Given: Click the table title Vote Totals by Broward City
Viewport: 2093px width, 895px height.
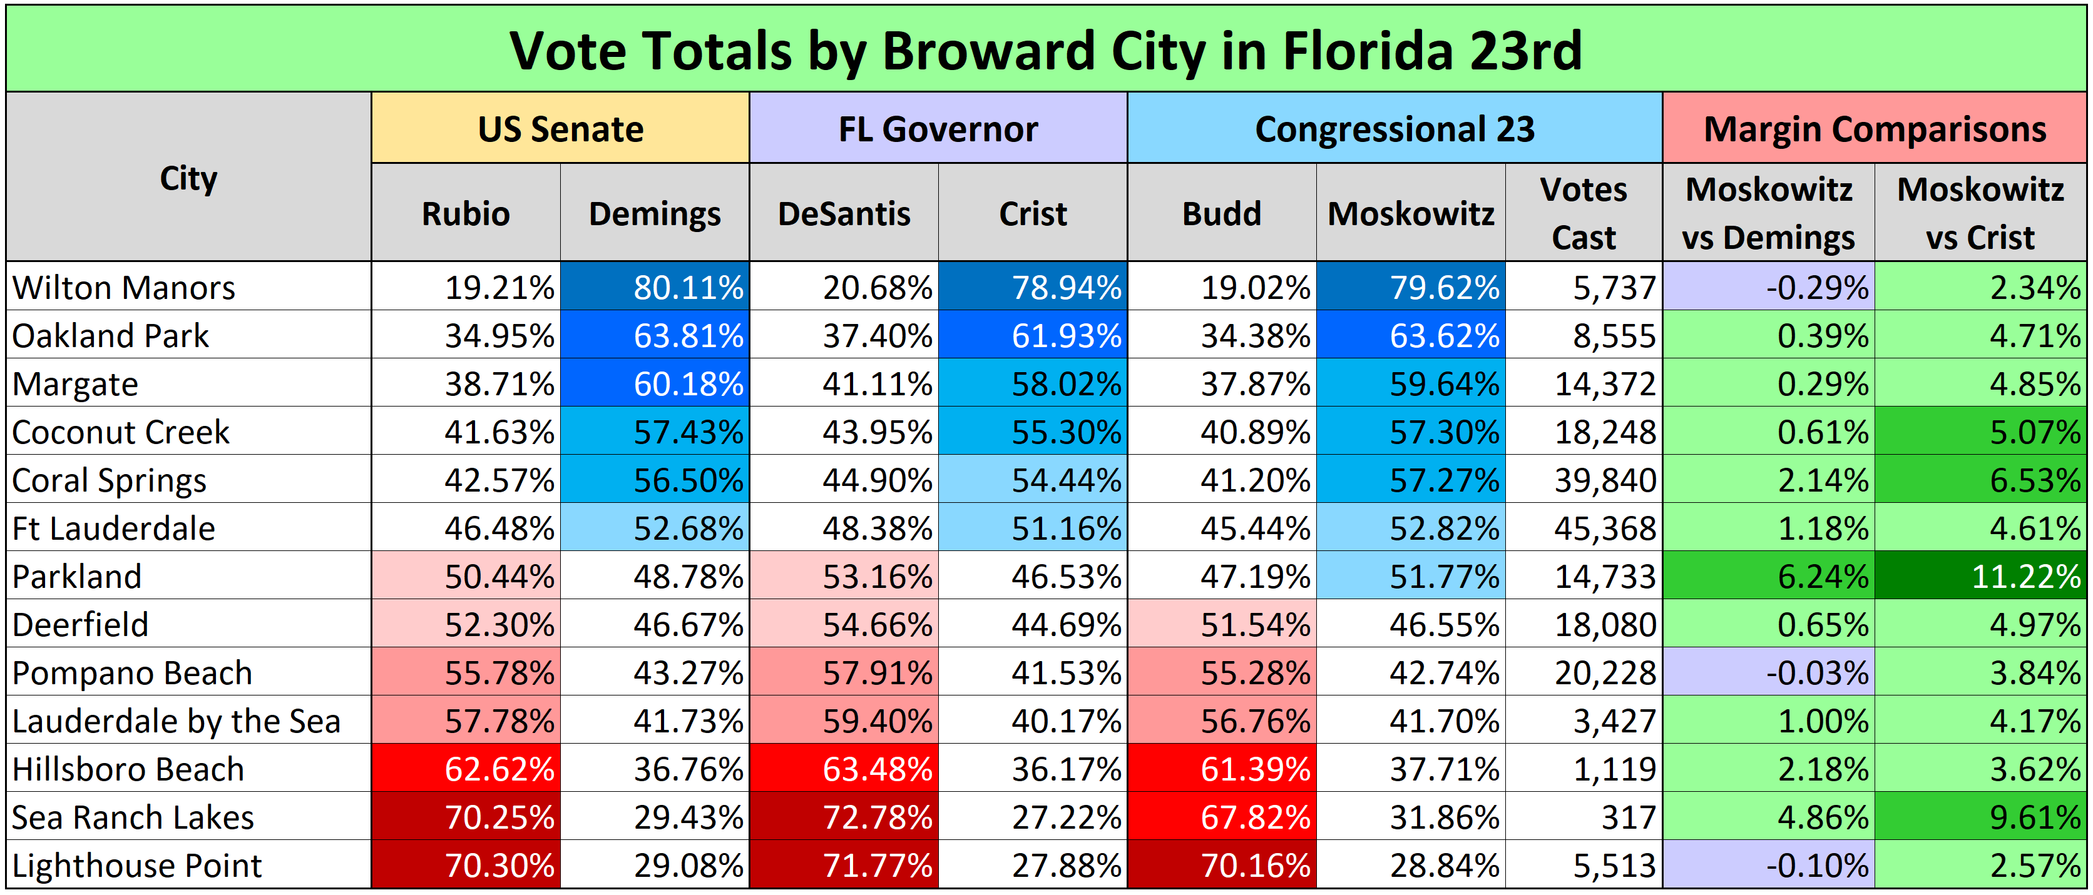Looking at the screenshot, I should tap(1046, 51).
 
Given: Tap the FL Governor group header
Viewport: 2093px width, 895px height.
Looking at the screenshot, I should tap(938, 129).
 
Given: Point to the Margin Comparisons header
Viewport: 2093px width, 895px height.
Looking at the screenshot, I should tap(1874, 129).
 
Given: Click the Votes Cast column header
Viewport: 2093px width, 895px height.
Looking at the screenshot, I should tap(1583, 213).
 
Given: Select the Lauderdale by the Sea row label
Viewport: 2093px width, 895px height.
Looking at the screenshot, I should tap(177, 721).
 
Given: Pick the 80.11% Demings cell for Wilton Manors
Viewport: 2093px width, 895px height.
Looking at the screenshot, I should tap(655, 288).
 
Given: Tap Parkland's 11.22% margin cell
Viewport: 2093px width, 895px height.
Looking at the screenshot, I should tap(1981, 577).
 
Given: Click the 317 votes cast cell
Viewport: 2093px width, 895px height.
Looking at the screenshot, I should tap(1584, 817).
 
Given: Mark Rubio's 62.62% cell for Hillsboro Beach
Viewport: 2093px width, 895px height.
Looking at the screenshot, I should tap(466, 769).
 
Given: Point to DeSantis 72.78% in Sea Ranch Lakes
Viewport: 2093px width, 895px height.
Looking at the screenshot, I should tap(844, 817).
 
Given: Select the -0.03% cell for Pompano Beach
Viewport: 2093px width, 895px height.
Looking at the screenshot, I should tap(1769, 673).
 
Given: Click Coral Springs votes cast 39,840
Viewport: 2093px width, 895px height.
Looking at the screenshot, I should tap(1584, 480).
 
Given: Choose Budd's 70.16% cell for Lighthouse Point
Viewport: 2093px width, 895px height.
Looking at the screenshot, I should tap(1222, 866).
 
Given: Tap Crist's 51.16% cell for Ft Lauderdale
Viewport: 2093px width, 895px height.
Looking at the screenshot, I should tap(1033, 528).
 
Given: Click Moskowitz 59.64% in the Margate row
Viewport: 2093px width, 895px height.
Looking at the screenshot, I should tap(1411, 384).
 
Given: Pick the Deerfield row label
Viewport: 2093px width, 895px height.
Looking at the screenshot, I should tap(81, 625).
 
